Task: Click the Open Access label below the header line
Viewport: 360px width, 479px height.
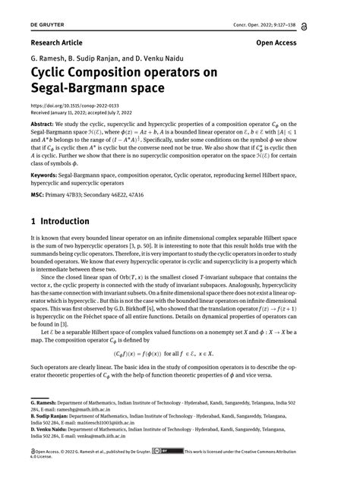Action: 276,43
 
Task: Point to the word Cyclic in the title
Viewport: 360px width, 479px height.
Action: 52,73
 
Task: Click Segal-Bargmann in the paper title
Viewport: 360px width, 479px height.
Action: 81,89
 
